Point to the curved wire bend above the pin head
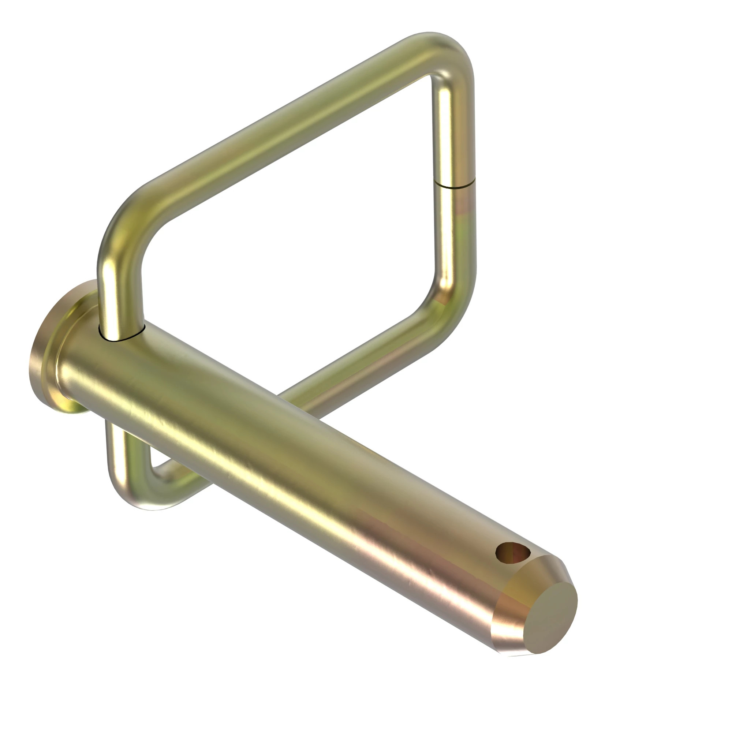(121, 227)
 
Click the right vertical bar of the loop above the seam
(453, 129)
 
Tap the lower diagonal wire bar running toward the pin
(360, 364)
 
